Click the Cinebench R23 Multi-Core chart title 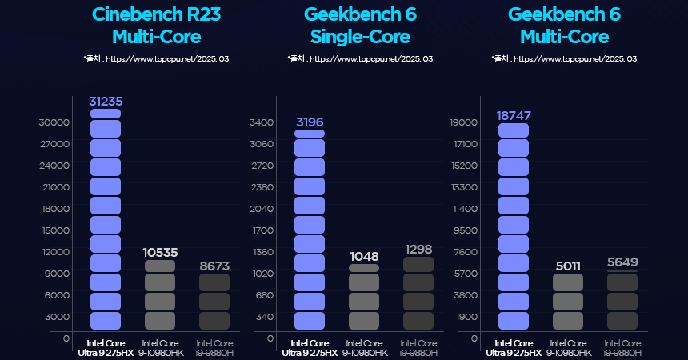156,26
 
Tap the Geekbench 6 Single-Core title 360,26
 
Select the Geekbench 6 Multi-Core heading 564,26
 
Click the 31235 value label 106,102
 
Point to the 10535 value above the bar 160,253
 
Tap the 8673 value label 214,266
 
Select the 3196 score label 310,122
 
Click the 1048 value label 364,256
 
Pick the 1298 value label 418,250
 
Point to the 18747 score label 514,115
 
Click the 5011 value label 568,266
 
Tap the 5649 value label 622,262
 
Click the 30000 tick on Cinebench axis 54,122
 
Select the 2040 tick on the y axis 262,209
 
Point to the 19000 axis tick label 464,122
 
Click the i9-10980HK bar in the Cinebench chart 160,294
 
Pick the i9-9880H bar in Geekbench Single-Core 418,294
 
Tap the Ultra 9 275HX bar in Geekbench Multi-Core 514,226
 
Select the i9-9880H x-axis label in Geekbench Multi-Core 622,348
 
